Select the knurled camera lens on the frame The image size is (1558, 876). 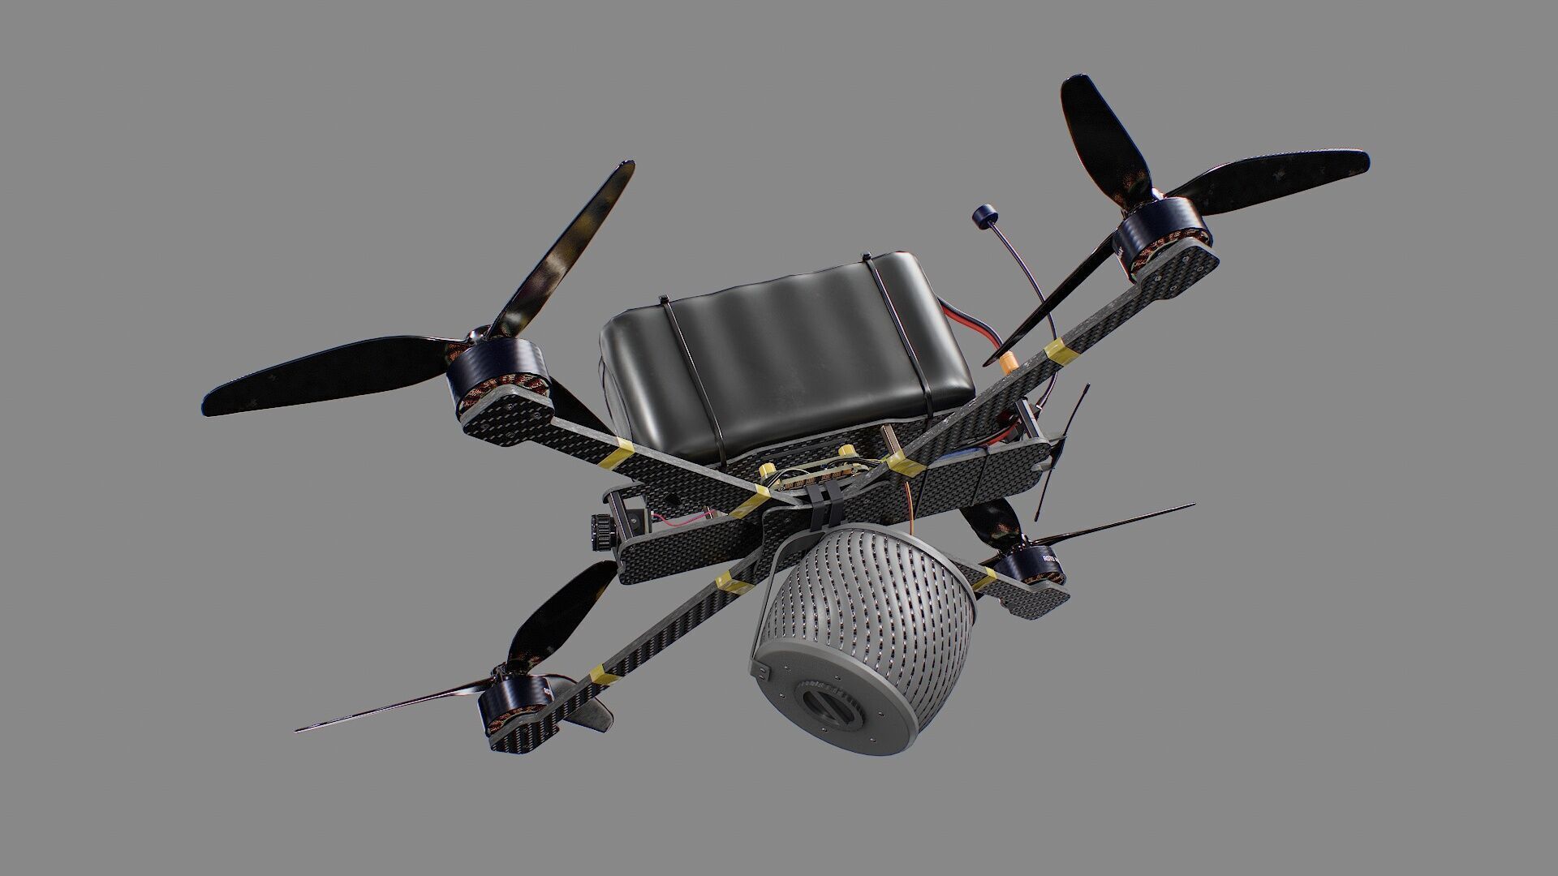point(600,531)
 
